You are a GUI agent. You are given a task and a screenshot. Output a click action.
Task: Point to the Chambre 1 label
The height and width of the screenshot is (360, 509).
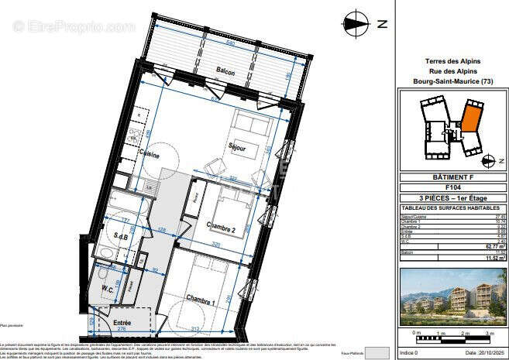click(201, 297)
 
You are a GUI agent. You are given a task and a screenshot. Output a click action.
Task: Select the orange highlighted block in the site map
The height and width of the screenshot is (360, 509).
click(469, 118)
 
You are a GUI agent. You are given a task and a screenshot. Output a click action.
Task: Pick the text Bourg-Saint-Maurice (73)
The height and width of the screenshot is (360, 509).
click(453, 81)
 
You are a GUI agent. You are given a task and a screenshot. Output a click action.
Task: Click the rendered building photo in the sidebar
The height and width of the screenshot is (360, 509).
click(452, 297)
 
